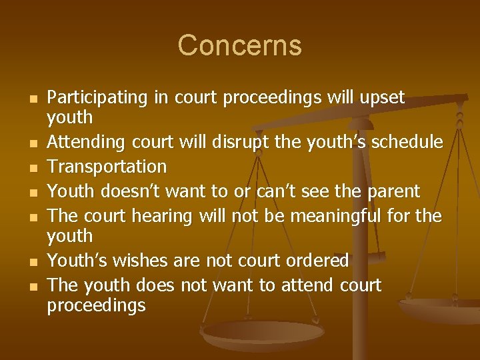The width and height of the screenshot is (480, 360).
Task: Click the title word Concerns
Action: click(x=239, y=46)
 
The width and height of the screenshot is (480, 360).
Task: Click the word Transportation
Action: click(x=107, y=166)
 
